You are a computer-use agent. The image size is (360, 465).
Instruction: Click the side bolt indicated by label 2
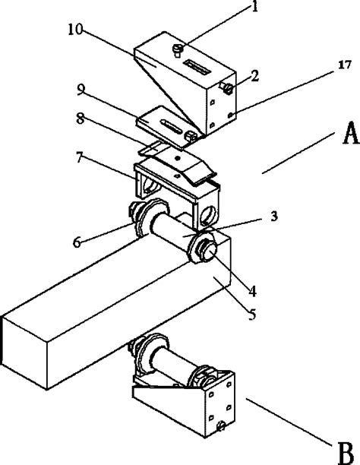pyautogui.click(x=226, y=91)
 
